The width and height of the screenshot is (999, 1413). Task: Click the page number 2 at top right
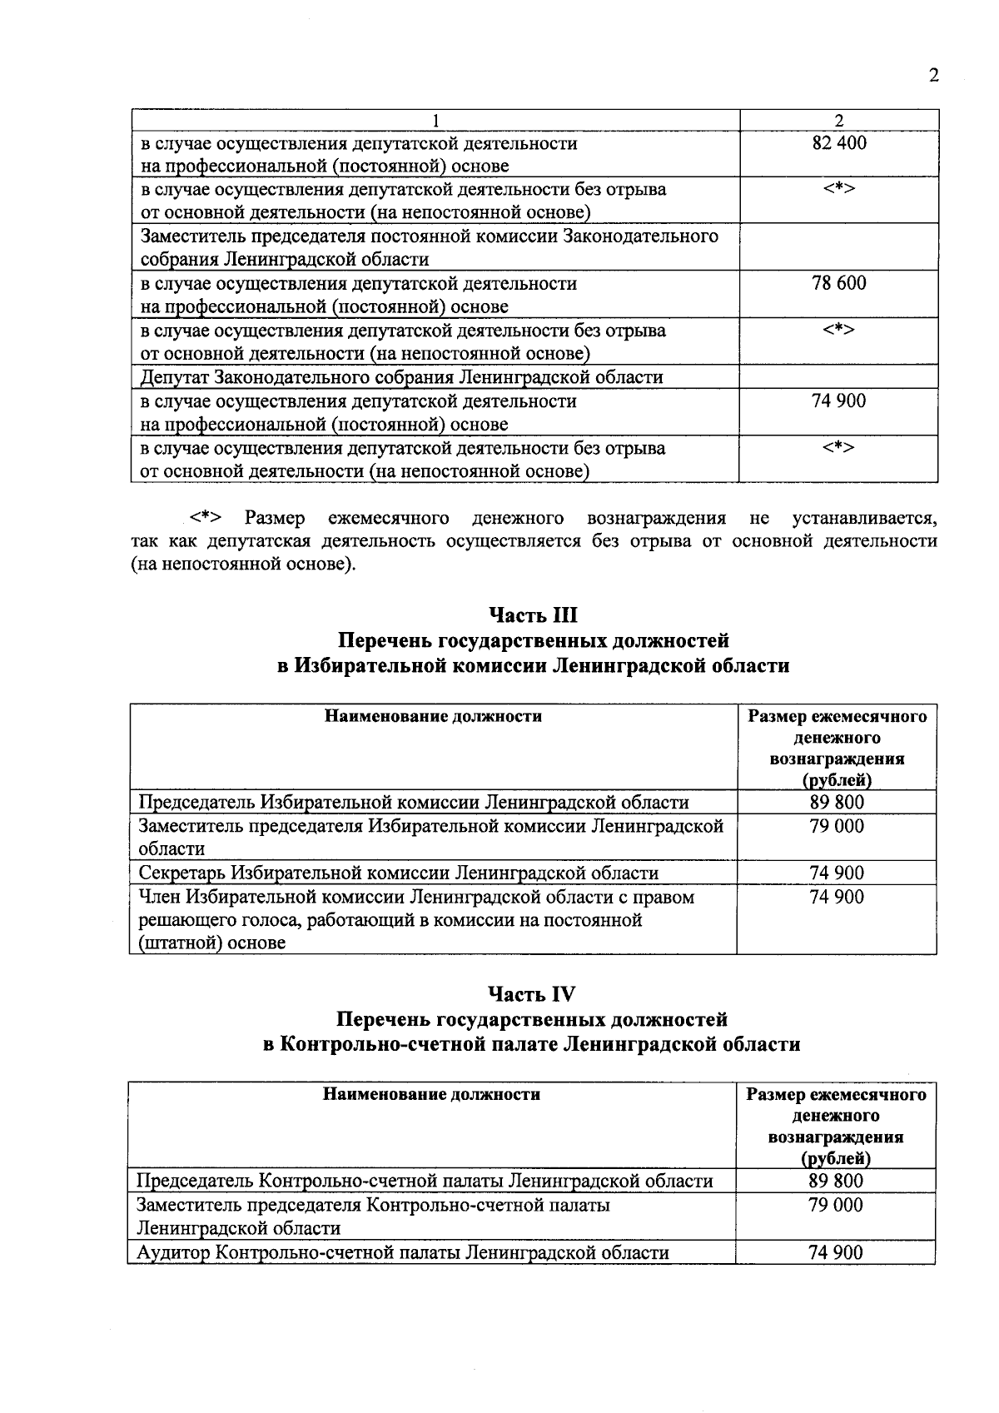(x=933, y=76)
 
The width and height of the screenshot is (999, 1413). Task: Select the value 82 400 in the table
(x=838, y=143)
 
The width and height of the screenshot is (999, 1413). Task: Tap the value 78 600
(x=838, y=283)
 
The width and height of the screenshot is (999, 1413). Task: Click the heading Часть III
(x=533, y=615)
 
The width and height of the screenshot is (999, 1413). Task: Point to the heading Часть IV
(x=532, y=994)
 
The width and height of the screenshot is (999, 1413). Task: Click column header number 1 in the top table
(x=435, y=121)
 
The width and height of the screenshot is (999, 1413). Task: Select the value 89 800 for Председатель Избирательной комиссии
(x=837, y=803)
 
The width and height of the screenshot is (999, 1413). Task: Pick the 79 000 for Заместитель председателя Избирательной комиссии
(x=837, y=827)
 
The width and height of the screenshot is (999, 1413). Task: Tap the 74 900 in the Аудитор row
(x=836, y=1252)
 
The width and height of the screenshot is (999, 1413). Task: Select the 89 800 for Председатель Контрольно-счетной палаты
(x=836, y=1181)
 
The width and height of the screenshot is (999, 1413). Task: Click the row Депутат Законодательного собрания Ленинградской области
(x=401, y=377)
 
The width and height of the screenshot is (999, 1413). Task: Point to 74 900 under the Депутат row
(x=838, y=401)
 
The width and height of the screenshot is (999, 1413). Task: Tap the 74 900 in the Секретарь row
(x=837, y=873)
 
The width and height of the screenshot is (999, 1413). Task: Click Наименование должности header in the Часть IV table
(x=431, y=1094)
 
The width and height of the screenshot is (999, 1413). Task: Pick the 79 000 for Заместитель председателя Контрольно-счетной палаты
(x=836, y=1205)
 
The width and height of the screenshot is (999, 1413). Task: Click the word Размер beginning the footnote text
(x=275, y=519)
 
